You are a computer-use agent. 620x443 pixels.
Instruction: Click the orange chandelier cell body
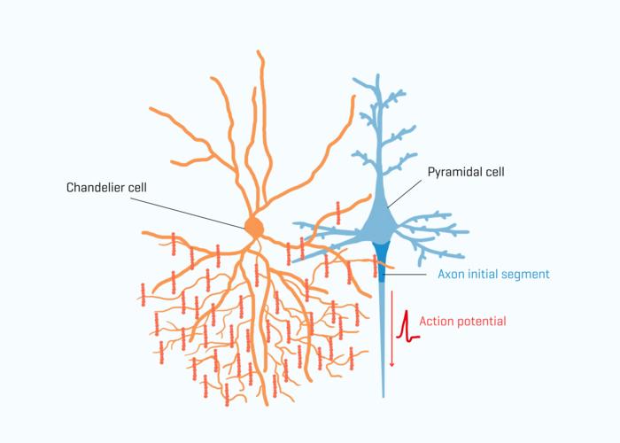pyautogui.click(x=254, y=228)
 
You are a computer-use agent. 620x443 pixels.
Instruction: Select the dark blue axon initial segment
pyautogui.click(x=381, y=261)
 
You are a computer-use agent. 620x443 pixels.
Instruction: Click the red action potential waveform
pyautogui.click(x=407, y=326)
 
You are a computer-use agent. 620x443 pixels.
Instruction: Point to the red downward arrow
pyautogui.click(x=391, y=329)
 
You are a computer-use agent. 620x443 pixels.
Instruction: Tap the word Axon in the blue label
pyautogui.click(x=451, y=274)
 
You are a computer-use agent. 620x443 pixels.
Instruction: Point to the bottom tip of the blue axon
pyautogui.click(x=384, y=397)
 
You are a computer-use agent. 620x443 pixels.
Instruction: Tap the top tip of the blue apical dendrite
pyautogui.click(x=378, y=74)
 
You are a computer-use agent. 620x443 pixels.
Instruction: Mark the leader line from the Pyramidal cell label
pyautogui.click(x=405, y=193)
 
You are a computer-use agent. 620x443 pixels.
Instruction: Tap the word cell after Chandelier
pyautogui.click(x=136, y=187)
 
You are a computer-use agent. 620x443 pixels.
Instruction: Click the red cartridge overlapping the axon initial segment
pyautogui.click(x=376, y=266)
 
